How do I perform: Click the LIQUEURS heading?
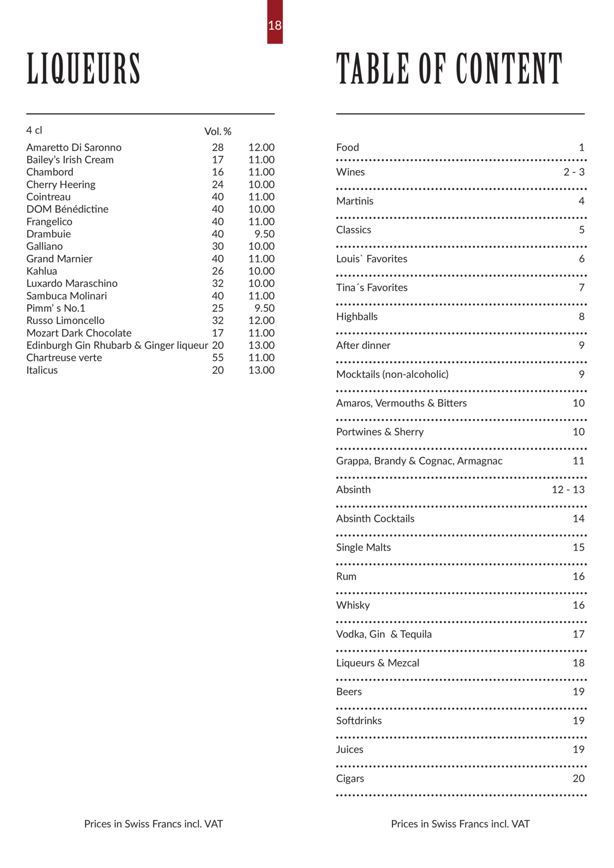pyautogui.click(x=83, y=69)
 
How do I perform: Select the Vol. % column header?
pyautogui.click(x=218, y=132)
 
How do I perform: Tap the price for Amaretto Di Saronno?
pyautogui.click(x=261, y=148)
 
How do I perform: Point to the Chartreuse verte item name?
pyautogui.click(x=64, y=358)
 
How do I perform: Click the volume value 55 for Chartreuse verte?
pyautogui.click(x=218, y=358)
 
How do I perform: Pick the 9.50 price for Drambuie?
pyautogui.click(x=264, y=234)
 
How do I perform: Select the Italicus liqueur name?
pyautogui.click(x=42, y=370)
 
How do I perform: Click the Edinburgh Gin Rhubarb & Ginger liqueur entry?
pyautogui.click(x=117, y=346)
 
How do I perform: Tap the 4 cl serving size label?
pyautogui.click(x=34, y=131)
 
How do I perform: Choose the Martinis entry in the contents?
pyautogui.click(x=355, y=201)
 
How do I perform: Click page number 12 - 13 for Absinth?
pyautogui.click(x=568, y=490)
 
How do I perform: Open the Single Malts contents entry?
pyautogui.click(x=363, y=548)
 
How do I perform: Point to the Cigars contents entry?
pyautogui.click(x=350, y=779)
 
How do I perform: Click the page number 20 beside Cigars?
pyautogui.click(x=578, y=779)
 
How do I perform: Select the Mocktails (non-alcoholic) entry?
pyautogui.click(x=392, y=374)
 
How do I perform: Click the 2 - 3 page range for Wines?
pyautogui.click(x=574, y=172)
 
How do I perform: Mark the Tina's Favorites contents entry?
pyautogui.click(x=372, y=288)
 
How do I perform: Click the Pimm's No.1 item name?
pyautogui.click(x=56, y=308)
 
